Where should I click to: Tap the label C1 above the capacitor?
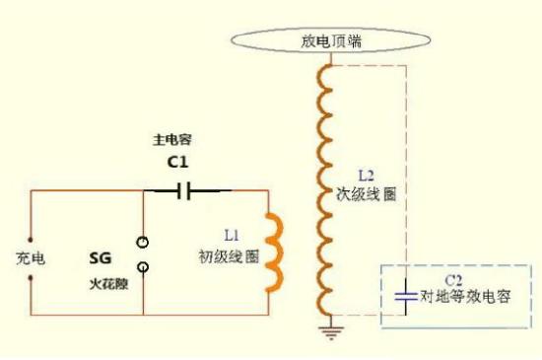tap(179, 163)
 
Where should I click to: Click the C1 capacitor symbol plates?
tap(182, 190)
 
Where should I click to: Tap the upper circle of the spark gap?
tap(144, 241)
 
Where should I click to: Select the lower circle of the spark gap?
tap(144, 266)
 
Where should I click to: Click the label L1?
tap(232, 237)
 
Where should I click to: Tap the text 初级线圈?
tap(228, 254)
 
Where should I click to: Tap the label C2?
tap(453, 280)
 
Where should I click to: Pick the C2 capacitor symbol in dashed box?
tap(403, 294)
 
